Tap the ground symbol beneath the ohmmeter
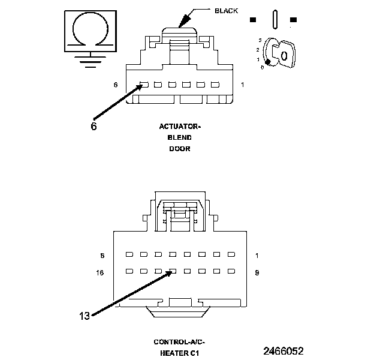pos(91,61)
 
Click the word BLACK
pos(226,10)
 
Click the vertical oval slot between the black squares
pos(274,19)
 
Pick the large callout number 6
pos(94,127)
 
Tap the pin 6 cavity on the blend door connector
pos(144,85)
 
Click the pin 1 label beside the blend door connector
pos(243,85)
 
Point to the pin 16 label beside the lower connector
pos(101,272)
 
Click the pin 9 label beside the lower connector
pos(257,272)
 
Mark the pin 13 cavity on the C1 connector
pos(173,271)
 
